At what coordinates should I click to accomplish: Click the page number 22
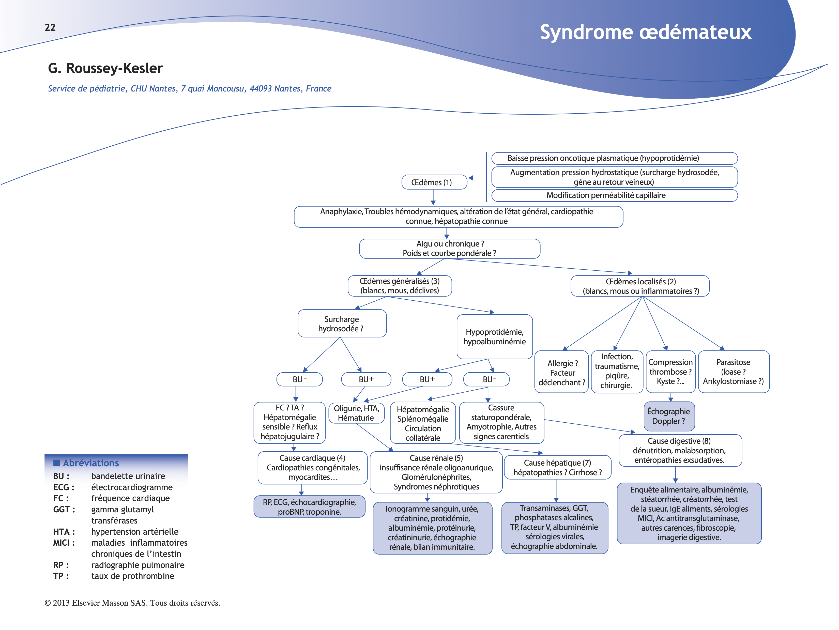(50, 27)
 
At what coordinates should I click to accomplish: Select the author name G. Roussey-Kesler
(105, 68)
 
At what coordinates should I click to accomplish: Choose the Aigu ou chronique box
(449, 249)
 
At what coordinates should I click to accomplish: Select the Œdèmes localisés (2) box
(640, 286)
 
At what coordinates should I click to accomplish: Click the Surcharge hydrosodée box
(342, 324)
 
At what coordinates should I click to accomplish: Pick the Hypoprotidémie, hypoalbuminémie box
(494, 336)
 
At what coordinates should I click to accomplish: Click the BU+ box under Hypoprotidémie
(427, 379)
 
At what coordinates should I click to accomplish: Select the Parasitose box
(733, 372)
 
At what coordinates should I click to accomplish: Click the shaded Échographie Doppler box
(669, 416)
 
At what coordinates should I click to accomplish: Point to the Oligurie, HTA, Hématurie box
(356, 413)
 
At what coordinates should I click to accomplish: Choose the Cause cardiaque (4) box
(313, 467)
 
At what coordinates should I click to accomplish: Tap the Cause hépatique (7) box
(557, 467)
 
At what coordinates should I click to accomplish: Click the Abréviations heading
(91, 463)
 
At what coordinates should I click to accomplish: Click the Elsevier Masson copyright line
(132, 603)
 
